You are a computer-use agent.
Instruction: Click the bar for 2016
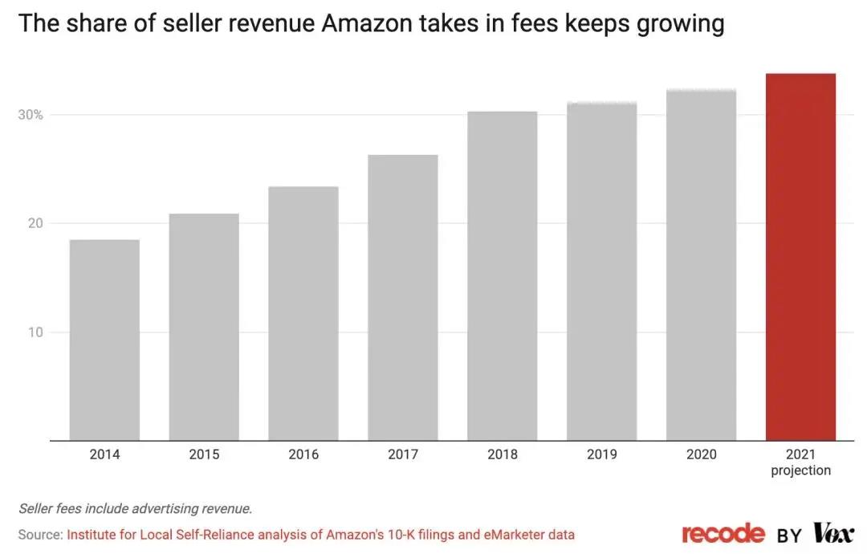[x=303, y=313]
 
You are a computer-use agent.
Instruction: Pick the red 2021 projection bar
[x=800, y=257]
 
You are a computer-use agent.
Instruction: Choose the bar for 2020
[x=701, y=265]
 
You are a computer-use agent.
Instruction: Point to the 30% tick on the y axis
[x=31, y=115]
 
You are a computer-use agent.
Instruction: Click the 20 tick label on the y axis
[x=35, y=223]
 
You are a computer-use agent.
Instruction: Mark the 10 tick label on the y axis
[x=35, y=332]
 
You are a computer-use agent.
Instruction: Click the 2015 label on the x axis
[x=204, y=454]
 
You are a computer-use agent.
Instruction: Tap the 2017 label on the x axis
[x=403, y=454]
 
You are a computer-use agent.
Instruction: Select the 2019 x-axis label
[x=601, y=454]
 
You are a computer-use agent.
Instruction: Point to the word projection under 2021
[x=800, y=470]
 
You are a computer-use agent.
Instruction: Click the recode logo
[x=723, y=533]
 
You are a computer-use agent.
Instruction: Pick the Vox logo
[x=833, y=533]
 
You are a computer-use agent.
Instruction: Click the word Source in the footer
[x=39, y=534]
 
